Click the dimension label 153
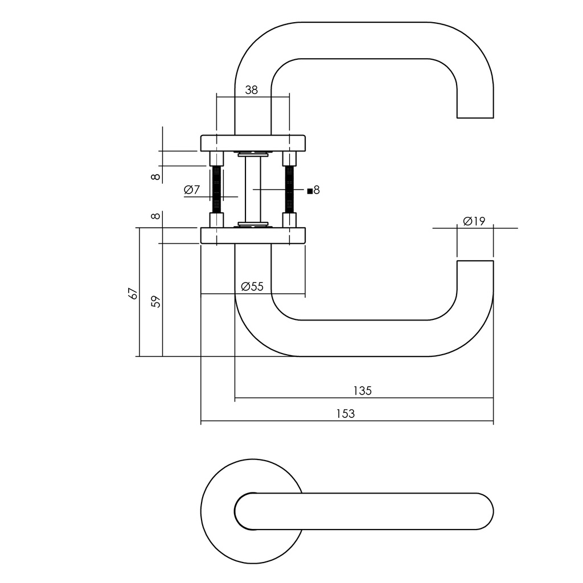point(346,414)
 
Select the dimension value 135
point(362,391)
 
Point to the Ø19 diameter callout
point(474,221)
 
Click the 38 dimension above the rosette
point(251,90)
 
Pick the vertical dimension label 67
point(133,293)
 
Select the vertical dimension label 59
point(157,301)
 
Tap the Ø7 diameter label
point(192,190)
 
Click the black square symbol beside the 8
point(310,191)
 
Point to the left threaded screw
point(216,189)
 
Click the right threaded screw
point(289,189)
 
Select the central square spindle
point(253,189)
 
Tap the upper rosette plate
point(253,142)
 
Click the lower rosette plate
point(253,236)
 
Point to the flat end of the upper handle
point(475,117)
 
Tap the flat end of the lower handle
point(475,261)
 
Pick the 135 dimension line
point(296,399)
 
